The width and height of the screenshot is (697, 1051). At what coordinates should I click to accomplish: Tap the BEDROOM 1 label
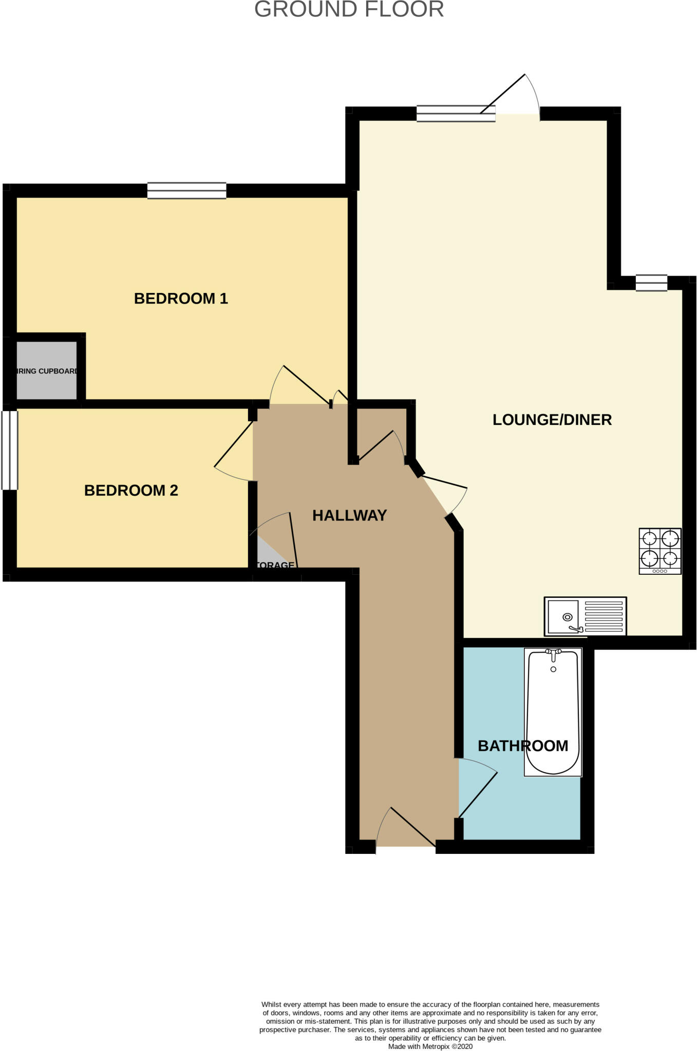pos(181,299)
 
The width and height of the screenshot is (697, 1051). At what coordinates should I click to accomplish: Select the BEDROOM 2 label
pos(131,491)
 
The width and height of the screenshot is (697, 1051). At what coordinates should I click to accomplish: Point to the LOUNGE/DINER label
pos(552,420)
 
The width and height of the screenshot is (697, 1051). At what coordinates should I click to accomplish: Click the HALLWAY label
pos(349,515)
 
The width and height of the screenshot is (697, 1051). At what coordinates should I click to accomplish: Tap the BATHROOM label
pos(523,746)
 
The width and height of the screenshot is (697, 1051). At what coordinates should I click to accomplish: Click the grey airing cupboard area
pos(47,371)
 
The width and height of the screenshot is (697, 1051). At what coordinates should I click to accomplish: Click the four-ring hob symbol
pos(660,551)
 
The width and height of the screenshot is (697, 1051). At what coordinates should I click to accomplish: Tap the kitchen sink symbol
pos(585,616)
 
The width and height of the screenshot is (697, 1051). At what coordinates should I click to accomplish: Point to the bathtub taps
pos(553,653)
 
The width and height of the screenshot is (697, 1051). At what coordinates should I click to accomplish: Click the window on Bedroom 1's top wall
pos(186,190)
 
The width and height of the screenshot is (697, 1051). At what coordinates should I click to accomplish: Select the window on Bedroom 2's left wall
pos(10,450)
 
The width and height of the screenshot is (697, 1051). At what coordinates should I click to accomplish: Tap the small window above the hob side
pos(651,283)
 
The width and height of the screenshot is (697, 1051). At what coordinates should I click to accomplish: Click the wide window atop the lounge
pos(455,113)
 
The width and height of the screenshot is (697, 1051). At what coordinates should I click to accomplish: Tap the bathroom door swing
pos(478,790)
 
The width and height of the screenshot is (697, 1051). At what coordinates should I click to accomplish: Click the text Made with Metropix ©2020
pos(430,1046)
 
